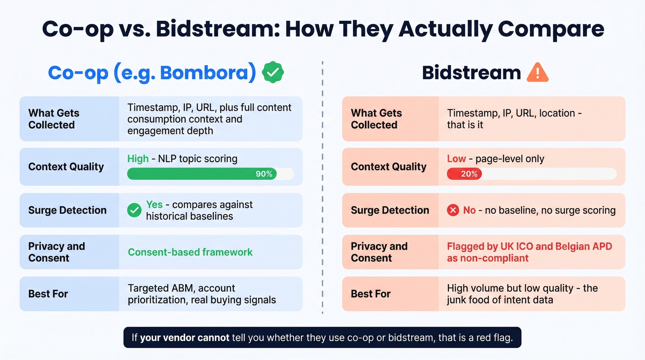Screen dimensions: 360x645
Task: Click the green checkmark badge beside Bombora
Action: tap(273, 73)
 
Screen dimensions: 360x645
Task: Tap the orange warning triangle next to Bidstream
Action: tap(537, 73)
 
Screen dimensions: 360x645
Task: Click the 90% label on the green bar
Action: tap(264, 174)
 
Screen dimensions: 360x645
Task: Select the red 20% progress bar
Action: tap(464, 174)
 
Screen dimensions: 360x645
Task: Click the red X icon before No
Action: tap(453, 211)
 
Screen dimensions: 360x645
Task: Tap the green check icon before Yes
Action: tap(134, 211)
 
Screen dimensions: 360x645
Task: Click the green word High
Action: tap(138, 159)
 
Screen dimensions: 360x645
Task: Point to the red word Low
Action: tap(456, 159)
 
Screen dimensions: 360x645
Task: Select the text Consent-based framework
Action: tap(190, 252)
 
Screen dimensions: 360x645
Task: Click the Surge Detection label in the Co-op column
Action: tap(67, 210)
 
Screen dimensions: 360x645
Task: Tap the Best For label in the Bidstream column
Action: tap(370, 294)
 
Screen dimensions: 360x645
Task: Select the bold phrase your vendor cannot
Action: tap(184, 338)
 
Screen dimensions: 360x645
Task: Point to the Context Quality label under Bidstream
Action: tap(388, 167)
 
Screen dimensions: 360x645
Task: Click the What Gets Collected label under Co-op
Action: tap(53, 119)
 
